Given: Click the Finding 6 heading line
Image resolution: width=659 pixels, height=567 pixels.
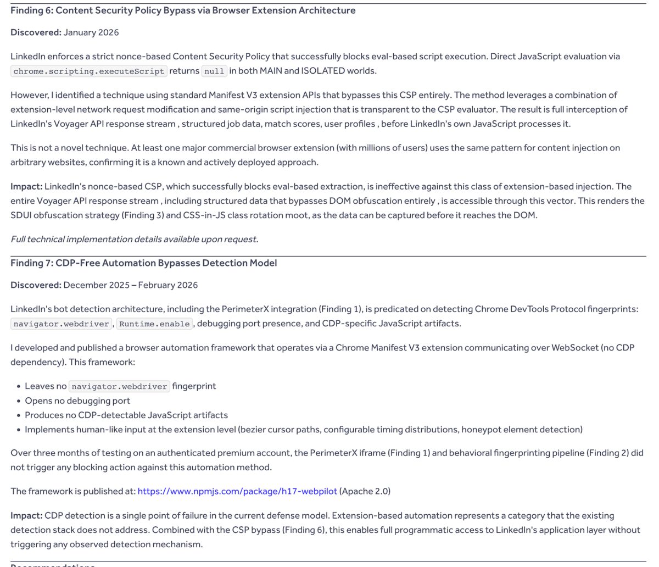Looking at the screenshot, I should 183,10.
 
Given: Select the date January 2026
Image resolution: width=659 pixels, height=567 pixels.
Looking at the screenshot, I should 91,32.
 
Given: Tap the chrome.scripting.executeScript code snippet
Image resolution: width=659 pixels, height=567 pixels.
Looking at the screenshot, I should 88,71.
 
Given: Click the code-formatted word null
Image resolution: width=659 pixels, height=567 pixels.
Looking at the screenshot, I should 214,71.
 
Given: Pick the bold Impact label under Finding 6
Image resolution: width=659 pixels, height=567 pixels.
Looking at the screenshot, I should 26,186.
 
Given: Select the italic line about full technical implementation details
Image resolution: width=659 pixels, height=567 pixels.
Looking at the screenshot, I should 134,239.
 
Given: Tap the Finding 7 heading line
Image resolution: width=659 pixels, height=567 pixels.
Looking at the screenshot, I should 143,263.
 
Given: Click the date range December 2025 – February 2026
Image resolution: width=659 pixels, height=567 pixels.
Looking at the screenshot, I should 131,285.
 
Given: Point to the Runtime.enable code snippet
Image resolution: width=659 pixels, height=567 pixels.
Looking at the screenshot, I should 154,324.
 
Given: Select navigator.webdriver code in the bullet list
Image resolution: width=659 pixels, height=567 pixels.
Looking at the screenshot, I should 120,386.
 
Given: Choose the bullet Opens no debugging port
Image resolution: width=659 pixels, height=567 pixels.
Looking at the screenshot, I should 77,401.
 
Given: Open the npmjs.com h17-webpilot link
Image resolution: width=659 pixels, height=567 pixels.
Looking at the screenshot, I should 237,491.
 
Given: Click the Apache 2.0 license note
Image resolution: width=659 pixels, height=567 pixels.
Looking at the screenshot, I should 365,491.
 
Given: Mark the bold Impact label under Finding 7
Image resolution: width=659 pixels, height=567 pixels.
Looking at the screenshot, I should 26,515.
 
